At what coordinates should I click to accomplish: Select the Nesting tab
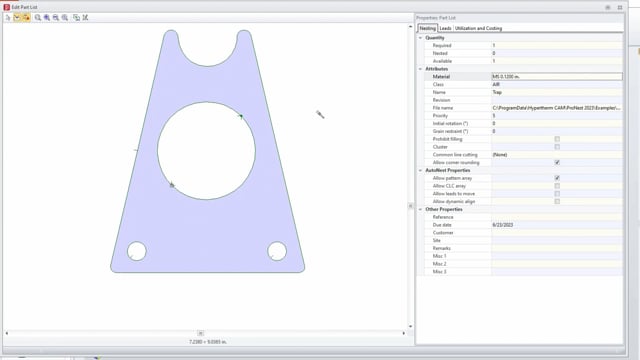click(x=427, y=29)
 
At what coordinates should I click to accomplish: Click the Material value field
click(x=560, y=76)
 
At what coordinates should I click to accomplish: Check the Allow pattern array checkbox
click(x=557, y=178)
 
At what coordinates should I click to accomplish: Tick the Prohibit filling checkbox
click(x=557, y=139)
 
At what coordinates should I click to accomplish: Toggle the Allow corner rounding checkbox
click(x=557, y=162)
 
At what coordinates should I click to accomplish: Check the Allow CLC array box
click(x=557, y=186)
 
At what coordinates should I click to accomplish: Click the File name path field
click(x=560, y=107)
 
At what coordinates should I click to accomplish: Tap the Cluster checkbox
click(x=557, y=147)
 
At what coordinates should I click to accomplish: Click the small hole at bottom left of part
click(x=137, y=251)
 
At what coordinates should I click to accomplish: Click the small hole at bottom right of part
click(x=277, y=251)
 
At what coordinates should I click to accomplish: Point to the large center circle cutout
click(x=206, y=149)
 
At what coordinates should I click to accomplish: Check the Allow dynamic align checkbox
click(x=557, y=201)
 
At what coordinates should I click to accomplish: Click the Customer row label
click(x=443, y=233)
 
